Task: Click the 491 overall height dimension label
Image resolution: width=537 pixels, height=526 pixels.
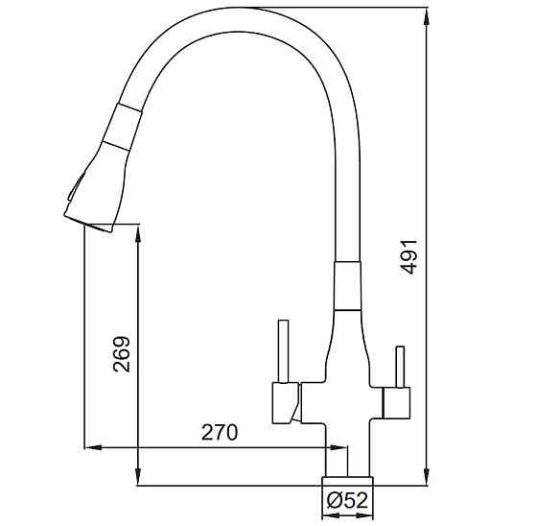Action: [x=409, y=257]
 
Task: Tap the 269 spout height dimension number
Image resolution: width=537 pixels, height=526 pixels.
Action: [x=122, y=354]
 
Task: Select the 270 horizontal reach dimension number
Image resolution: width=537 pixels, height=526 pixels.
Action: [x=220, y=432]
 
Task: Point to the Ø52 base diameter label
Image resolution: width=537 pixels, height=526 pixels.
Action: [x=347, y=500]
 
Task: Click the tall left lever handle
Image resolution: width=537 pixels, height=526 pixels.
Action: [x=283, y=351]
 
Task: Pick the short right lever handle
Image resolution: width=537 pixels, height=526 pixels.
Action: [x=400, y=367]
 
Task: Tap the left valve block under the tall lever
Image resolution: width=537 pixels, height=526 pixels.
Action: [x=286, y=402]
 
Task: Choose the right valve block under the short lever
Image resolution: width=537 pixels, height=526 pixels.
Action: [x=396, y=403]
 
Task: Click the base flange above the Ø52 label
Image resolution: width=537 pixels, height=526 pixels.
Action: [x=347, y=481]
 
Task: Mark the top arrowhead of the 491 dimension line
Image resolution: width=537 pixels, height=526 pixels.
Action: [x=427, y=15]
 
